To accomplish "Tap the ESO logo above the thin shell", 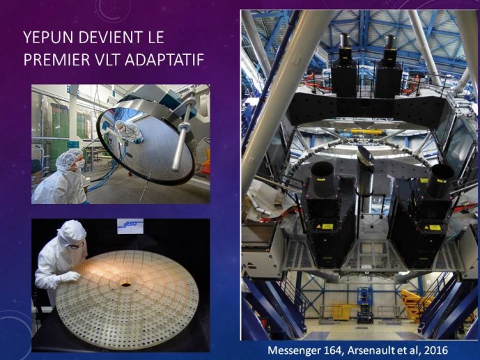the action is pyautogui.click(x=130, y=226).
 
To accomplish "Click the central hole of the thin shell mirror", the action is pyautogui.click(x=125, y=285).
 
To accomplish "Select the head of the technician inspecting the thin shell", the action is pyautogui.click(x=72, y=233).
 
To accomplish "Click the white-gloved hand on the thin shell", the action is pyautogui.click(x=70, y=277).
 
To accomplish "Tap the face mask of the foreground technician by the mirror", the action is pyautogui.click(x=80, y=164).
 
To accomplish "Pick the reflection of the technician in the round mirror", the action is pyautogui.click(x=129, y=131).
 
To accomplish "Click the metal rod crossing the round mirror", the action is pyautogui.click(x=183, y=135).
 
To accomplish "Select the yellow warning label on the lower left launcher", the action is pyautogui.click(x=326, y=226).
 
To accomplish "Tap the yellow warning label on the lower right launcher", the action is pyautogui.click(x=433, y=227).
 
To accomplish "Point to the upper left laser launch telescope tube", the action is pyautogui.click(x=345, y=47).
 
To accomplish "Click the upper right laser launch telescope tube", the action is pyautogui.click(x=390, y=47).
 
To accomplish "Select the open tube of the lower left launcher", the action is pyautogui.click(x=323, y=180).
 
